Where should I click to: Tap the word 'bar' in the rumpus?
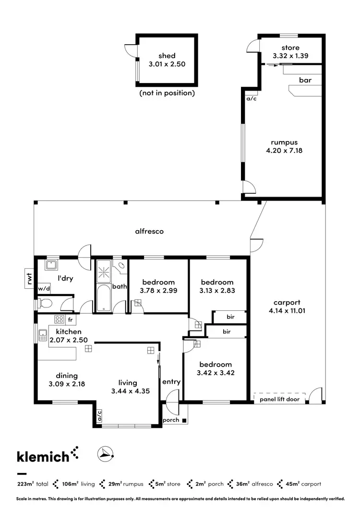(305, 81)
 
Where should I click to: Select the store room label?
(290, 48)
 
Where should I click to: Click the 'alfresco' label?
(149, 231)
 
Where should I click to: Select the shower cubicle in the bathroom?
(104, 272)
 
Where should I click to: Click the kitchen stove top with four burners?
(60, 319)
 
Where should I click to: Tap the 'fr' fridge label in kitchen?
(70, 320)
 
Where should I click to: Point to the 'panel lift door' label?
(279, 399)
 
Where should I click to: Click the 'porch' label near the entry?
(171, 420)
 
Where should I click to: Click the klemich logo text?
(43, 457)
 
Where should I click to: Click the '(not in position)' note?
(167, 93)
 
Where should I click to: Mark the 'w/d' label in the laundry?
(44, 289)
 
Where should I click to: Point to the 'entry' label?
(171, 382)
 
